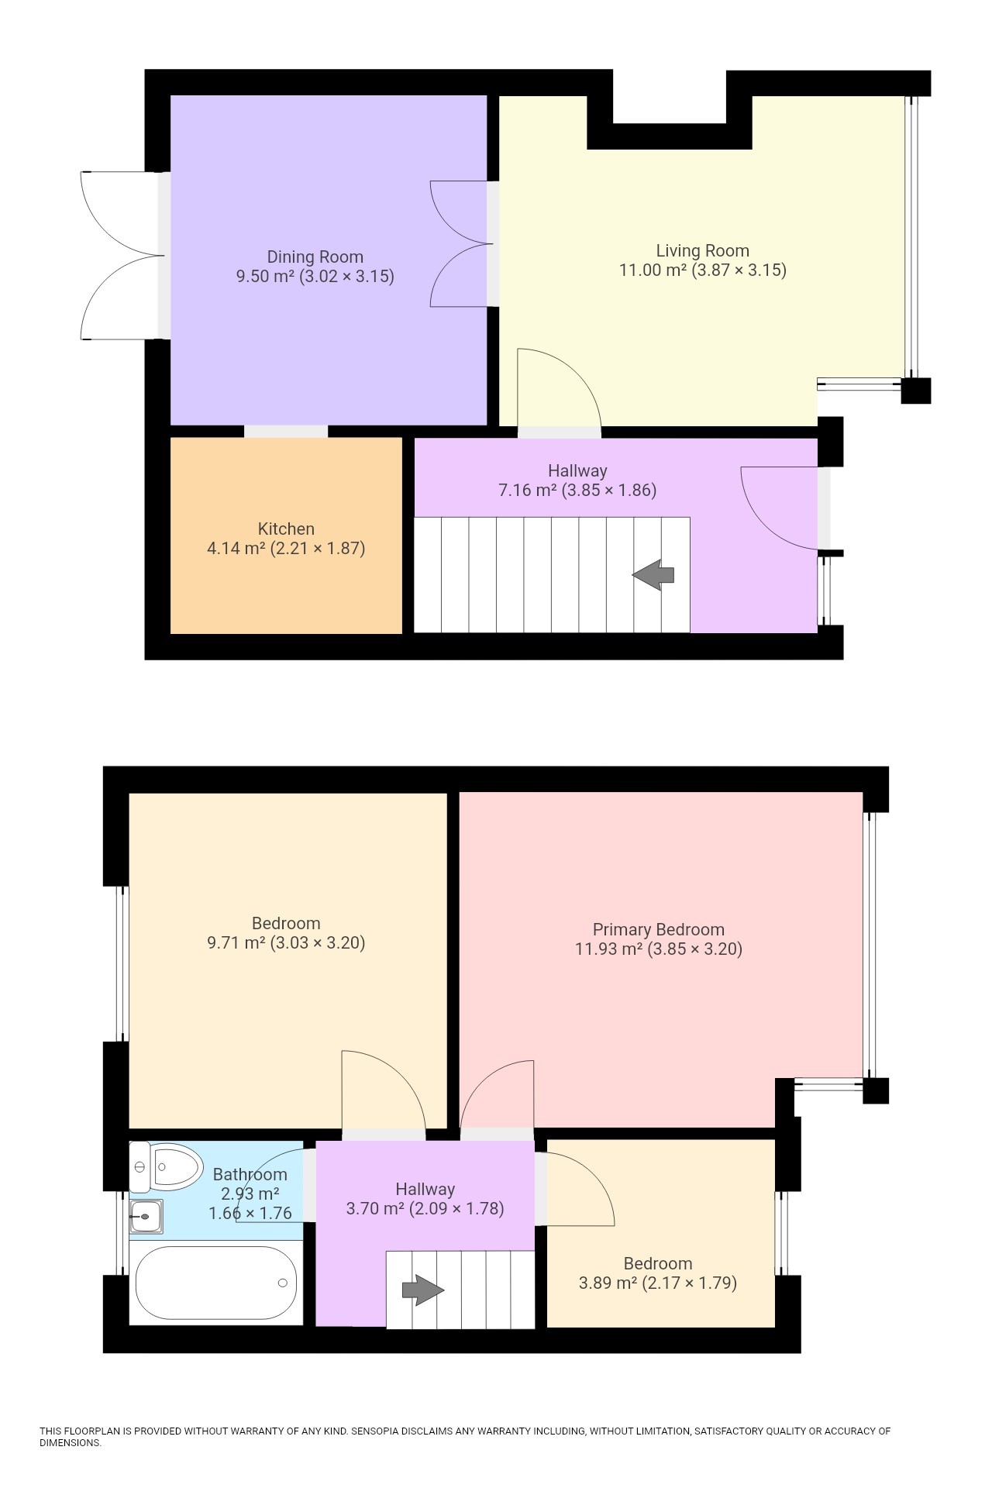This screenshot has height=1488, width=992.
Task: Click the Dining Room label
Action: [x=315, y=257]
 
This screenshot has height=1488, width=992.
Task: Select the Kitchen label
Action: [x=286, y=529]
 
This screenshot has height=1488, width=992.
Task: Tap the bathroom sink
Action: [x=146, y=1216]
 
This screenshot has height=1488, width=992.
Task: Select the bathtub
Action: [x=215, y=1283]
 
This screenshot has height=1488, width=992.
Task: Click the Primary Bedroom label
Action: [x=658, y=930]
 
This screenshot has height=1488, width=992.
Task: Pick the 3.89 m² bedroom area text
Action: [x=608, y=1283]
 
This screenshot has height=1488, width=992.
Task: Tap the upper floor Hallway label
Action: [x=425, y=1190]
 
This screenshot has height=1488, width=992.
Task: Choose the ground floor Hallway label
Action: [x=577, y=471]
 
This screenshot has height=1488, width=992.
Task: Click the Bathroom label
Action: [x=250, y=1175]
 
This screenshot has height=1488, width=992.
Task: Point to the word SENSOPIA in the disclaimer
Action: [x=381, y=1431]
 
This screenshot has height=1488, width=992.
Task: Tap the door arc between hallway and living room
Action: [x=562, y=384]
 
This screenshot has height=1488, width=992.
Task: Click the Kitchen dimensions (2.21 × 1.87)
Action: [x=317, y=549]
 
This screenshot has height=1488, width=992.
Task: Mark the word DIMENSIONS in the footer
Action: [x=70, y=1443]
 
